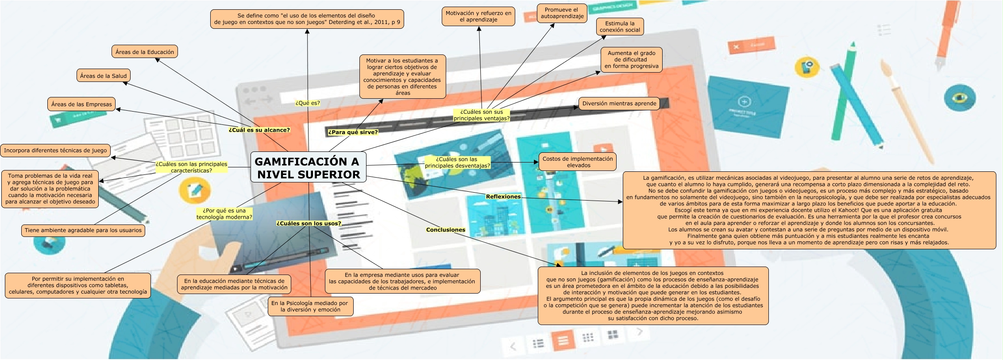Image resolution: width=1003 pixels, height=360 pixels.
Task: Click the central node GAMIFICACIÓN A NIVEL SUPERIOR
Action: [308, 167]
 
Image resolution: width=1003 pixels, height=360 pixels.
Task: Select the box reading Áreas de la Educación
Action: [145, 52]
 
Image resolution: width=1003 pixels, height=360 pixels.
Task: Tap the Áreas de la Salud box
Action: [103, 76]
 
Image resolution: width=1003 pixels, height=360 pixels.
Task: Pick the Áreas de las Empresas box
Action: [81, 104]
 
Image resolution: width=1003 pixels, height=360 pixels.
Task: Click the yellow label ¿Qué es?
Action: [308, 103]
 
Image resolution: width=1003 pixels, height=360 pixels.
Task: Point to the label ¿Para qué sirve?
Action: [353, 132]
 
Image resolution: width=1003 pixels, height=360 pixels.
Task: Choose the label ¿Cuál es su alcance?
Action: [259, 130]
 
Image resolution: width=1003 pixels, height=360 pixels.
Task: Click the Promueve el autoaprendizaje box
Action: [562, 13]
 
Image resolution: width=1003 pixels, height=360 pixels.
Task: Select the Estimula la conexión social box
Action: [620, 27]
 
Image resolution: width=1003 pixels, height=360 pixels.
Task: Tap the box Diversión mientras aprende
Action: [619, 104]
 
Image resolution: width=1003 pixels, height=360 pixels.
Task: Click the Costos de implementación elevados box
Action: [578, 162]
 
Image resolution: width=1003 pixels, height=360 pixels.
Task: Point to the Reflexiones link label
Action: [503, 197]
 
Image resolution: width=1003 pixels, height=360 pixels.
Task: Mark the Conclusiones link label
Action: [446, 230]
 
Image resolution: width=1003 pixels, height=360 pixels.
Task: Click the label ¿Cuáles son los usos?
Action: [309, 224]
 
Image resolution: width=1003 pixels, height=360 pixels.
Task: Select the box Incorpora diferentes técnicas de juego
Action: [55, 151]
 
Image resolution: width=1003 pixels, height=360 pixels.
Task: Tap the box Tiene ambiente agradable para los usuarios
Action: [83, 230]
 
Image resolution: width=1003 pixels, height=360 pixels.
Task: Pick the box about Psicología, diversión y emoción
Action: [310, 306]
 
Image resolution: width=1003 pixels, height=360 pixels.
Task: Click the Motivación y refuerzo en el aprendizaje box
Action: [478, 16]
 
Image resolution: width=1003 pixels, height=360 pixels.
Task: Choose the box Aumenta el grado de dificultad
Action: [631, 60]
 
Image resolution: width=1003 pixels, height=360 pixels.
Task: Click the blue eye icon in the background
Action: [959, 97]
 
